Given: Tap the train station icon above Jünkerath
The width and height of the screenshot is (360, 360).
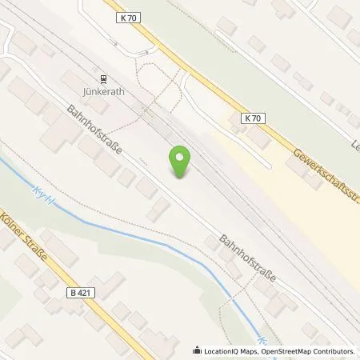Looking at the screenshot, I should [102, 78].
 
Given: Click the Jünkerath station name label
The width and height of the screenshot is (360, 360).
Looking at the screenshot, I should [102, 92].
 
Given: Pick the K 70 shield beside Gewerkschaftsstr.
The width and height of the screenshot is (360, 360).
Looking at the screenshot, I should [252, 118].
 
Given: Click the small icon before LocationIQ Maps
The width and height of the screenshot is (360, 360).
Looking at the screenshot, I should [197, 351].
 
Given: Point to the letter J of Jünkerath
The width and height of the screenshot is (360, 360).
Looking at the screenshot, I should [84, 92].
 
